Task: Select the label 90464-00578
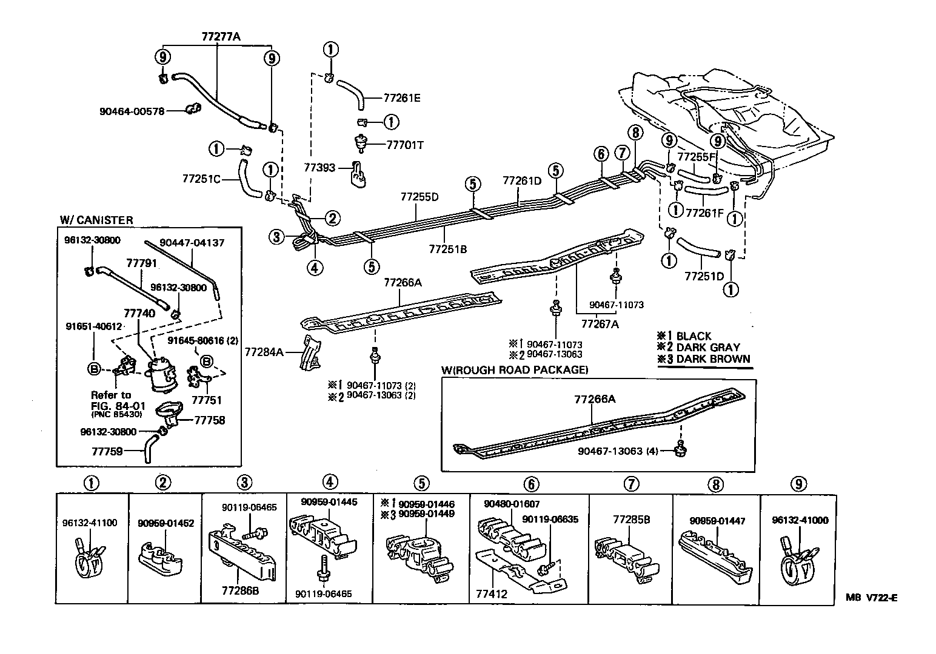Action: point(132,111)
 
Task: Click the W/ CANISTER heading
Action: point(96,220)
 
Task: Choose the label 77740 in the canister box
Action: point(139,313)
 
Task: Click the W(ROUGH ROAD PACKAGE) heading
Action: point(514,369)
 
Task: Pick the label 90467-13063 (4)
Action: point(624,451)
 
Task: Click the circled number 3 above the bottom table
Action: point(244,483)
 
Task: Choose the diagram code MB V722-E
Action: point(871,597)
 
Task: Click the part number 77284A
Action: point(264,351)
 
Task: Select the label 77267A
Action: point(600,323)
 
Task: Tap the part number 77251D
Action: point(704,276)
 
